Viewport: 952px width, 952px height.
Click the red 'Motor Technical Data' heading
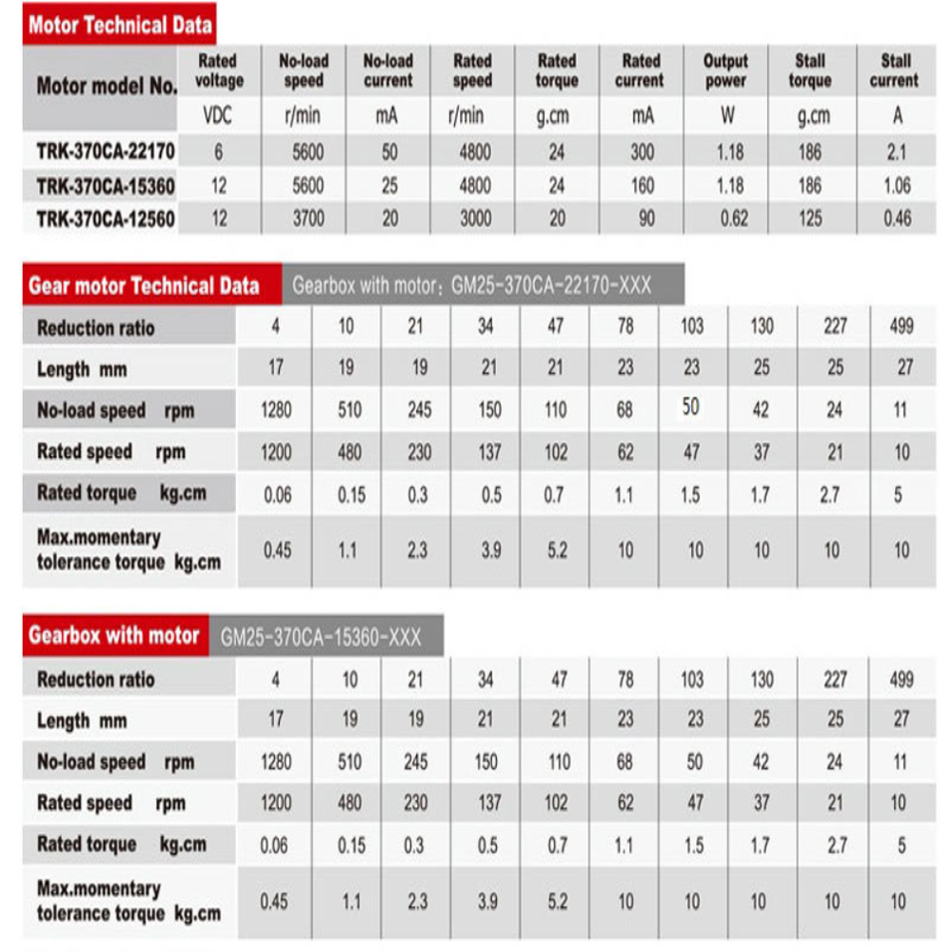pos(120,25)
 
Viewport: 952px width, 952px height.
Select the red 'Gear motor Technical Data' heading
pos(144,286)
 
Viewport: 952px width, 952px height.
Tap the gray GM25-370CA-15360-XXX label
pos(321,637)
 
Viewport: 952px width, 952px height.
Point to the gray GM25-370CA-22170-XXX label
pos(472,286)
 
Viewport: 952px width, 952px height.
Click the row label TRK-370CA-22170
pos(106,151)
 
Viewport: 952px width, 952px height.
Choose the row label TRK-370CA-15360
pos(106,185)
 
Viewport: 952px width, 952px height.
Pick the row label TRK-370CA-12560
pos(106,219)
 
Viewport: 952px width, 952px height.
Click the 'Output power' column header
pos(725,71)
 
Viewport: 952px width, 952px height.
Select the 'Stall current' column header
pos(895,71)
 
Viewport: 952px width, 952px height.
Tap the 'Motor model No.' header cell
pos(107,86)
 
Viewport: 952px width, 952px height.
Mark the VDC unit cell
pos(218,117)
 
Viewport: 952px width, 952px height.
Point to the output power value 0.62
pos(734,219)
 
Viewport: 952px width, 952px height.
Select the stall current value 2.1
pos(896,151)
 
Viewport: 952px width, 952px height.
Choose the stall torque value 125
pos(810,219)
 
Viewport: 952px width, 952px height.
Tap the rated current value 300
pos(643,151)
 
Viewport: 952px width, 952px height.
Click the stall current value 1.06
pos(896,185)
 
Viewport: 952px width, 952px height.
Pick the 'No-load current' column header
pos(388,71)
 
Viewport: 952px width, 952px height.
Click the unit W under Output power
pos(725,117)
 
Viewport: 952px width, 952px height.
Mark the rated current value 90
pos(646,219)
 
